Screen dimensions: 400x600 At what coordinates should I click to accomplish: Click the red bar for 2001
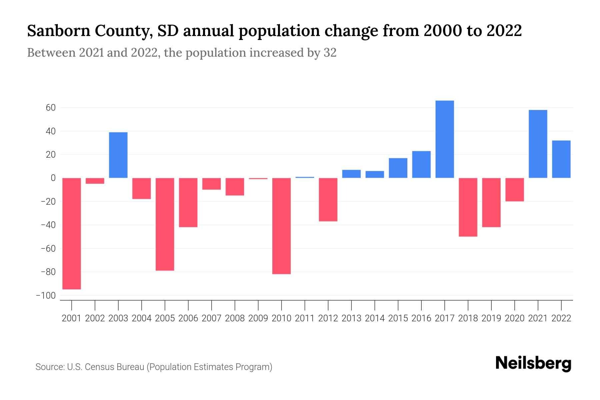[x=72, y=233]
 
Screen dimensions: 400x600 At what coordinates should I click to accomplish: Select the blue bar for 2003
[x=118, y=155]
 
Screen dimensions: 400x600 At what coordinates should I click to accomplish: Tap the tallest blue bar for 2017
[x=445, y=139]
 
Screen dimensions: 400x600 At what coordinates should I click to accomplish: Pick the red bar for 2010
[x=282, y=226]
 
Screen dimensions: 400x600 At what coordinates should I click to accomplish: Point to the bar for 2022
[x=561, y=159]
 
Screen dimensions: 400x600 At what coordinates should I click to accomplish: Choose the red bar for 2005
[x=165, y=224]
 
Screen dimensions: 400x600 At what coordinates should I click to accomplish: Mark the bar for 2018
[x=468, y=207]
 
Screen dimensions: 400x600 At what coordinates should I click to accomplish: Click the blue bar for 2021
[x=538, y=144]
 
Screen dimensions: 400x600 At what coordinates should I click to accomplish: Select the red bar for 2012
[x=328, y=200]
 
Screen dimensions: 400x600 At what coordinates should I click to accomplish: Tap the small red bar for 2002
[x=95, y=181]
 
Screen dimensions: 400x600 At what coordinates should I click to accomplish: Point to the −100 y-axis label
[x=46, y=296]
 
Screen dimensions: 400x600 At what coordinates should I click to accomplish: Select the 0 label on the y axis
[x=53, y=178]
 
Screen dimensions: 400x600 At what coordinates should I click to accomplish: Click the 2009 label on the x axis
[x=258, y=318]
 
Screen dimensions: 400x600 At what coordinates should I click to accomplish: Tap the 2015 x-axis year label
[x=398, y=318]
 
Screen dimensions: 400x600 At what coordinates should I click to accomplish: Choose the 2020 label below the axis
[x=515, y=318]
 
